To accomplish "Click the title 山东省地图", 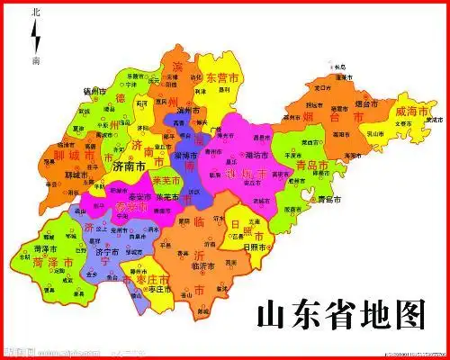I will (x=340, y=314).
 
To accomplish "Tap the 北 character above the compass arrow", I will (x=35, y=13).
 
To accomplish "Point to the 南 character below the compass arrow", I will (x=35, y=60).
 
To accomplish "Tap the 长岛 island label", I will (x=339, y=67).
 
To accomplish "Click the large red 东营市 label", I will (x=222, y=79).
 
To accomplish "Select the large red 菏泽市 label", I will (x=34, y=265).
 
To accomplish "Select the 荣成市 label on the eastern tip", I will (x=433, y=119).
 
